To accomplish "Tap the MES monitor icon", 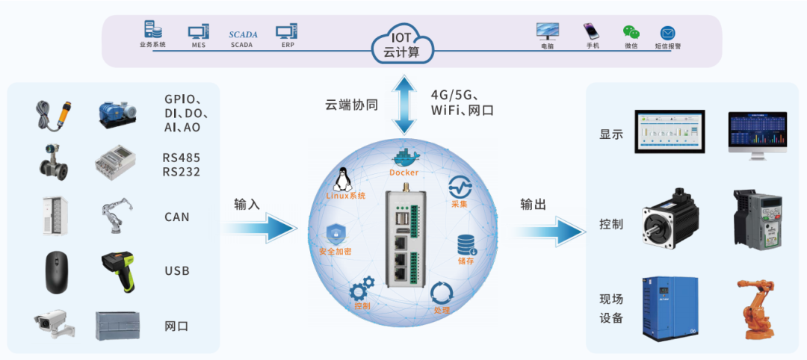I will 198,32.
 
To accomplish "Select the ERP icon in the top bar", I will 287,31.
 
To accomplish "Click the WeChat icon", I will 631,32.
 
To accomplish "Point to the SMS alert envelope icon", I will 667,33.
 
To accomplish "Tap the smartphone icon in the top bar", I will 593,31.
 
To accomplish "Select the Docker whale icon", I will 403,158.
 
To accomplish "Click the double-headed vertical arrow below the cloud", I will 403,105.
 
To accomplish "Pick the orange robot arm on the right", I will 755,309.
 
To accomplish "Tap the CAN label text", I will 177,217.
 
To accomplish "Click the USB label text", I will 177,270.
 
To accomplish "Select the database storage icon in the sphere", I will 467,244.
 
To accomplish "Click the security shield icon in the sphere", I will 336,234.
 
